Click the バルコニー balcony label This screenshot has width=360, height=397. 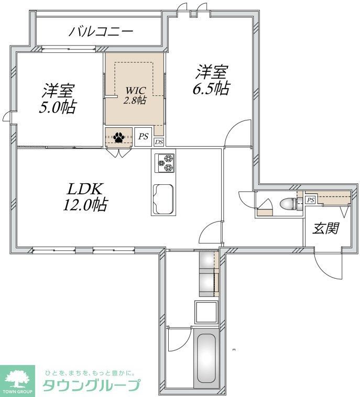(x=101, y=32)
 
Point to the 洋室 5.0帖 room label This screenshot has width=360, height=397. (x=59, y=98)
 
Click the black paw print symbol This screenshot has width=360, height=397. (x=119, y=137)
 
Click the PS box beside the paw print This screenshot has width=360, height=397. (x=143, y=137)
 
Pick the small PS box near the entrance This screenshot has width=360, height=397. (x=310, y=200)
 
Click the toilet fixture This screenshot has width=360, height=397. (x=287, y=203)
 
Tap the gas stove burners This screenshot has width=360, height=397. (x=165, y=162)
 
